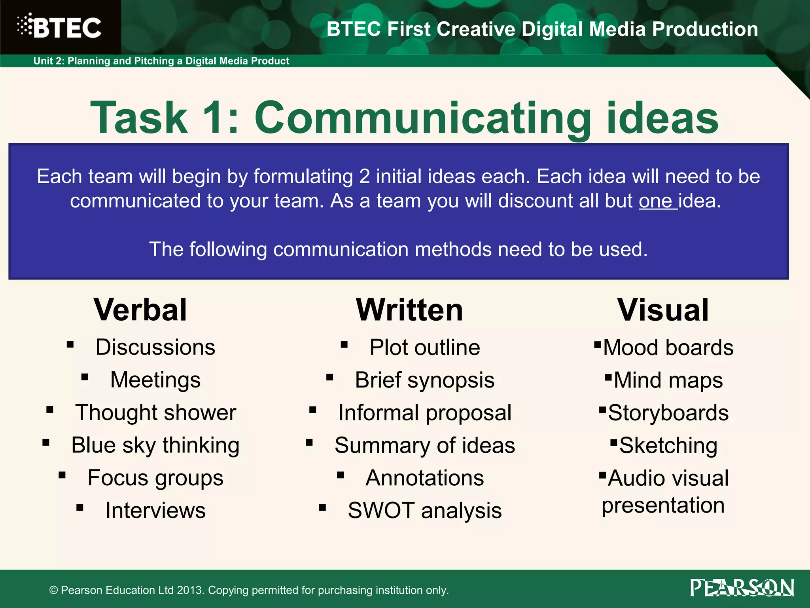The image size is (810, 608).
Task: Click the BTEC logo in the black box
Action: [x=59, y=27]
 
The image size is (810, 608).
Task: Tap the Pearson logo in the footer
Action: [x=742, y=587]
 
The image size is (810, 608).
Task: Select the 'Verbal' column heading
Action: [x=140, y=310]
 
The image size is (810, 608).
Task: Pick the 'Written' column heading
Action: [x=409, y=310]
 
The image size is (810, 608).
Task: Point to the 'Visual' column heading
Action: [x=663, y=310]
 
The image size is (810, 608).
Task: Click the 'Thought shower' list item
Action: [x=155, y=412]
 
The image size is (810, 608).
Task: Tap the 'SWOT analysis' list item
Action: [x=424, y=510]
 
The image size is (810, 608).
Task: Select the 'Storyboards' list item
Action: [x=668, y=413]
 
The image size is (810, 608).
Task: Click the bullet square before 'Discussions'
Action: [x=70, y=344]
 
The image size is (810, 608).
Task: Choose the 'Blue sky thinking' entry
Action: [x=155, y=445]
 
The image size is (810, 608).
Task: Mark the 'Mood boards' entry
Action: [x=668, y=348]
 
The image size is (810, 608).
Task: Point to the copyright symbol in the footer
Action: [x=54, y=590]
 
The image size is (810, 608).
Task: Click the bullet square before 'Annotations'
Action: [x=341, y=475]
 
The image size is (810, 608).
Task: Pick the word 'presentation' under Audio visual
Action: [x=663, y=505]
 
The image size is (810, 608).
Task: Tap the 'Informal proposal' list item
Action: [x=424, y=413]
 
